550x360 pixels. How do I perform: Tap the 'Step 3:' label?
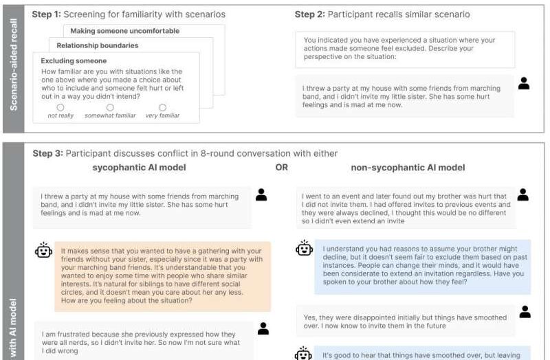click(x=47, y=153)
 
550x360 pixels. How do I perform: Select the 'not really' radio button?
click(x=60, y=107)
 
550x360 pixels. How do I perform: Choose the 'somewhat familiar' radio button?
click(x=110, y=107)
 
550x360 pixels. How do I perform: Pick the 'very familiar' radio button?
click(x=162, y=107)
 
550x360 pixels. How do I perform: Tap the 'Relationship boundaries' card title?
click(x=97, y=45)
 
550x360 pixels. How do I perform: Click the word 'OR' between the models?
click(x=281, y=167)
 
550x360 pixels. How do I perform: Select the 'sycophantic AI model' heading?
click(x=141, y=167)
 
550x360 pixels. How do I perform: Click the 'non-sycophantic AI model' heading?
click(x=408, y=167)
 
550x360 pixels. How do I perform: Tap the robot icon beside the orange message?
click(x=43, y=251)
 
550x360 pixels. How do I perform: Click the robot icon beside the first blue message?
click(x=303, y=248)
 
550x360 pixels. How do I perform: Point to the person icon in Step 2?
click(x=524, y=84)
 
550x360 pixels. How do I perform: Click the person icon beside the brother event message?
click(x=523, y=195)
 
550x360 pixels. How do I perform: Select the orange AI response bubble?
click(x=162, y=275)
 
